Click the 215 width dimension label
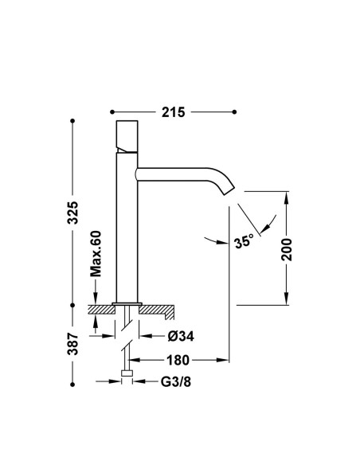173,112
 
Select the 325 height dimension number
72,213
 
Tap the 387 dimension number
72,344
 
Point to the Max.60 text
96,253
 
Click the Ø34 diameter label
181,336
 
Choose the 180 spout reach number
178,360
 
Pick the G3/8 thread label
176,381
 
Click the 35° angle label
244,242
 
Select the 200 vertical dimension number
287,249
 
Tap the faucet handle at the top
127,136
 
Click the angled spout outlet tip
229,191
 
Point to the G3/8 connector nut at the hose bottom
127,373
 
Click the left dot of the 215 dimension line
112,111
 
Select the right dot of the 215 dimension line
234,111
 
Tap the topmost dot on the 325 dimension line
72,121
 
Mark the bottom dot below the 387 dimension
72,385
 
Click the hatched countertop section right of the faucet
156,311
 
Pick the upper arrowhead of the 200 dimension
286,197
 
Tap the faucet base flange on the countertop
127,303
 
